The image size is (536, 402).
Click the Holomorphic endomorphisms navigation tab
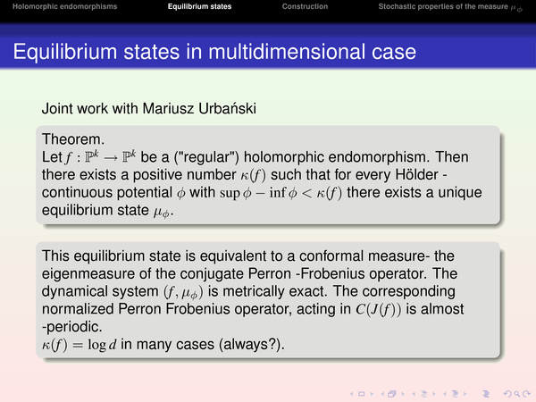64,6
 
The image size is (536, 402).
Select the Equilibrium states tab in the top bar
199,6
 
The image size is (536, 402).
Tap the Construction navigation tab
305,6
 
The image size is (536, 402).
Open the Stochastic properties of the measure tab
450,7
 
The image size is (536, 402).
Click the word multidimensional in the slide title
287,52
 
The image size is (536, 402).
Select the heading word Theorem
73,139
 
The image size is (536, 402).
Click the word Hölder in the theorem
416,175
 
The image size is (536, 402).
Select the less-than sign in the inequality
307,194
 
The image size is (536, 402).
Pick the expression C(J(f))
379,309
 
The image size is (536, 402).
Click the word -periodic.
71,327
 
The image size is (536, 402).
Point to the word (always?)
254,345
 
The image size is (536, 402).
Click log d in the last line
102,345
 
